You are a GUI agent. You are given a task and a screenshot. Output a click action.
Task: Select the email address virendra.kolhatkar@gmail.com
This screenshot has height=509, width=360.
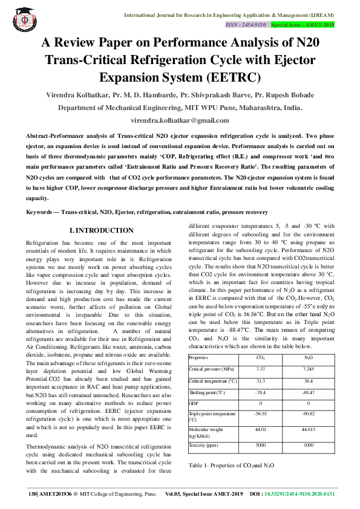pyautogui.click(x=180, y=120)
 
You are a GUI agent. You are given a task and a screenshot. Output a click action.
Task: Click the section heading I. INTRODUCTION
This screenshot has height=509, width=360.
pyautogui.click(x=102, y=230)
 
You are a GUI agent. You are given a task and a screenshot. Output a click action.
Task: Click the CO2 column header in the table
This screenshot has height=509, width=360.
pyautogui.click(x=261, y=358)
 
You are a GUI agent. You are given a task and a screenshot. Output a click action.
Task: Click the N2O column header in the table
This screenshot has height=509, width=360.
pyautogui.click(x=309, y=358)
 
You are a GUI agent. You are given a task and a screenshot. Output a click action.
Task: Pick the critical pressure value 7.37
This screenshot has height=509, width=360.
pyautogui.click(x=261, y=368)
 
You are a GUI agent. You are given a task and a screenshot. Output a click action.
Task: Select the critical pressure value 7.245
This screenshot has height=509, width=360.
pyautogui.click(x=309, y=368)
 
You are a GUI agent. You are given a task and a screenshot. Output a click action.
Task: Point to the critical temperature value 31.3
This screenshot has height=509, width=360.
pyautogui.click(x=261, y=381)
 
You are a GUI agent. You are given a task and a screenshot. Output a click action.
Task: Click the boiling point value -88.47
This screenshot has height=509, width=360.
pyautogui.click(x=309, y=393)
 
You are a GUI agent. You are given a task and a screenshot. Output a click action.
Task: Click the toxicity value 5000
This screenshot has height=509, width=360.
pyautogui.click(x=261, y=445)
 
